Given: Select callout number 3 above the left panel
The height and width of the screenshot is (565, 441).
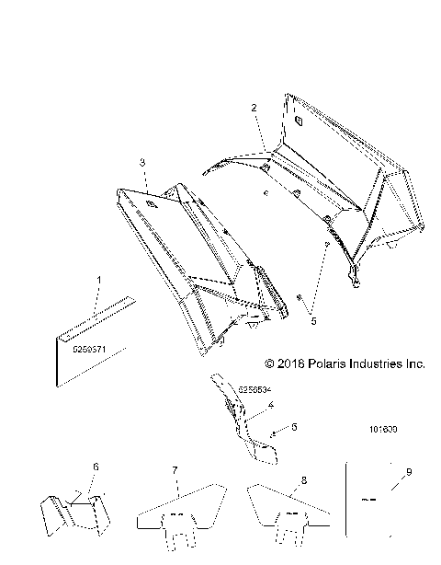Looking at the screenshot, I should [x=142, y=162].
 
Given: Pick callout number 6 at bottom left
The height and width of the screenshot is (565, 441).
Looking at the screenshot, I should [x=94, y=467].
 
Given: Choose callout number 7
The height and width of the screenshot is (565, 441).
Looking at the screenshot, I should [x=175, y=470].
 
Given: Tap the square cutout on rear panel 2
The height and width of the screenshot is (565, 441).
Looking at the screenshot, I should [x=299, y=119].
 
